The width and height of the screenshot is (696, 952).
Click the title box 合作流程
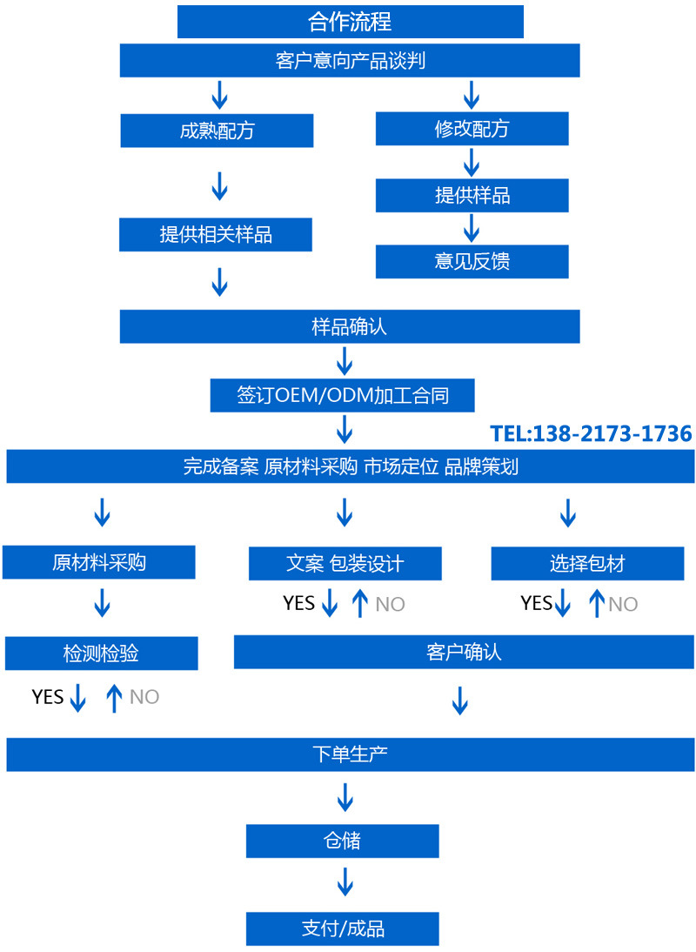tap(350, 21)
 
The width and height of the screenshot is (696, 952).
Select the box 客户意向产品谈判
tap(350, 61)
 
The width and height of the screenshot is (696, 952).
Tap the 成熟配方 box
tap(216, 131)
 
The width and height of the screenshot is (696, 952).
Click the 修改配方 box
tap(472, 129)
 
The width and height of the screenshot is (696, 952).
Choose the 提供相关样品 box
tap(216, 235)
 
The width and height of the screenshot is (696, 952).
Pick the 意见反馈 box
tap(472, 261)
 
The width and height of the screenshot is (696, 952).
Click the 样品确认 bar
tap(350, 327)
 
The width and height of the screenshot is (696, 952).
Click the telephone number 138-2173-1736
tap(591, 433)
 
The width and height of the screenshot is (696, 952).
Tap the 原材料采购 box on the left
tap(98, 563)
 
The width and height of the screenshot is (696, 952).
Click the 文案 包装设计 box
tap(345, 564)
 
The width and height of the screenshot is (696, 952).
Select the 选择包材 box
tap(587, 564)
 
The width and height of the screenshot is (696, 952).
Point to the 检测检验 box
tap(101, 654)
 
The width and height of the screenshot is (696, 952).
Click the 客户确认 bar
tap(464, 652)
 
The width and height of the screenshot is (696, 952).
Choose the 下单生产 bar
tap(350, 754)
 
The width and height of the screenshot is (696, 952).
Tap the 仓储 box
tap(342, 841)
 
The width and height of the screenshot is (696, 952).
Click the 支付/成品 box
tap(342, 929)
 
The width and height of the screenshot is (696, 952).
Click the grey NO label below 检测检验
tap(144, 697)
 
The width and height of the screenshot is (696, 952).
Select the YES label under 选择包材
tap(536, 603)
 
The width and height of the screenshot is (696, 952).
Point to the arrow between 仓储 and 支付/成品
tap(345, 882)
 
